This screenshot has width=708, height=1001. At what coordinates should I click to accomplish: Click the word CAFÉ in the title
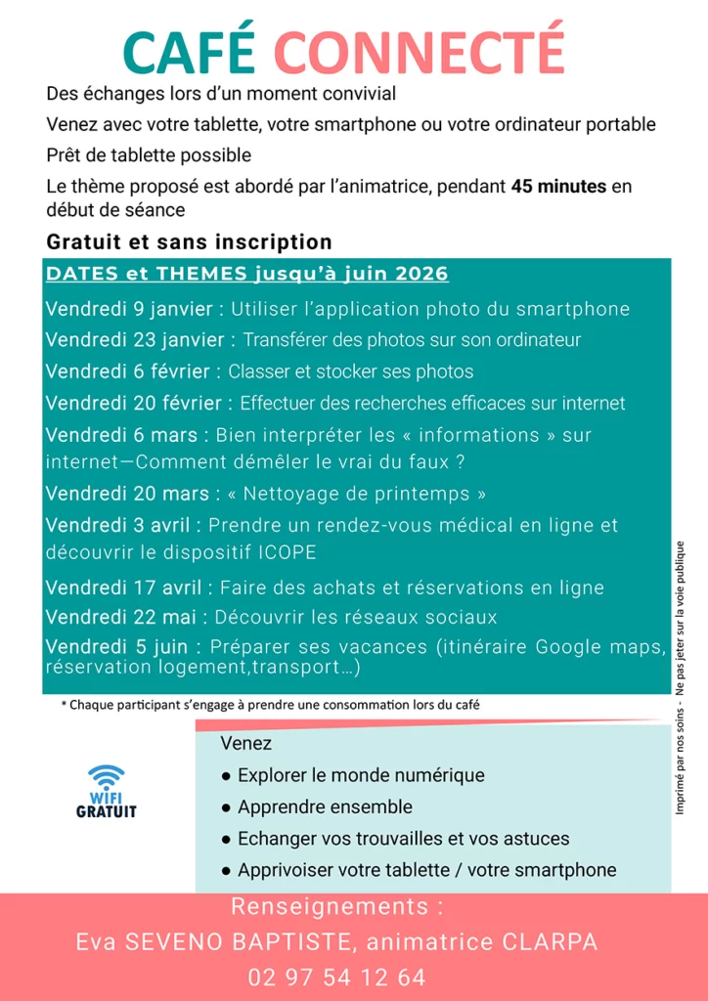coord(190,51)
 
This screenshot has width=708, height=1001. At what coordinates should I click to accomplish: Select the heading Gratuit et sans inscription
coord(189,241)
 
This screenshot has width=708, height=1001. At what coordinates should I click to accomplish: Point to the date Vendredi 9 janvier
coord(128,309)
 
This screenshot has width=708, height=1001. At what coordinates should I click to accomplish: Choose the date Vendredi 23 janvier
coord(134,340)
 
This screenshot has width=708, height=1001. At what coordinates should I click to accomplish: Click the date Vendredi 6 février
coord(127,371)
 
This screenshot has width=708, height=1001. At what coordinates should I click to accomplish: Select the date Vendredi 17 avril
coord(122,588)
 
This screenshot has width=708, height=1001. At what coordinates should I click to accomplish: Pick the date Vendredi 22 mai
coord(120,618)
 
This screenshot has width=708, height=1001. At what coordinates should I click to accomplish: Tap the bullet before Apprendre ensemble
coord(226,807)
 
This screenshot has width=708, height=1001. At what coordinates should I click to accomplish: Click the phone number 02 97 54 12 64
coord(336,978)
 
